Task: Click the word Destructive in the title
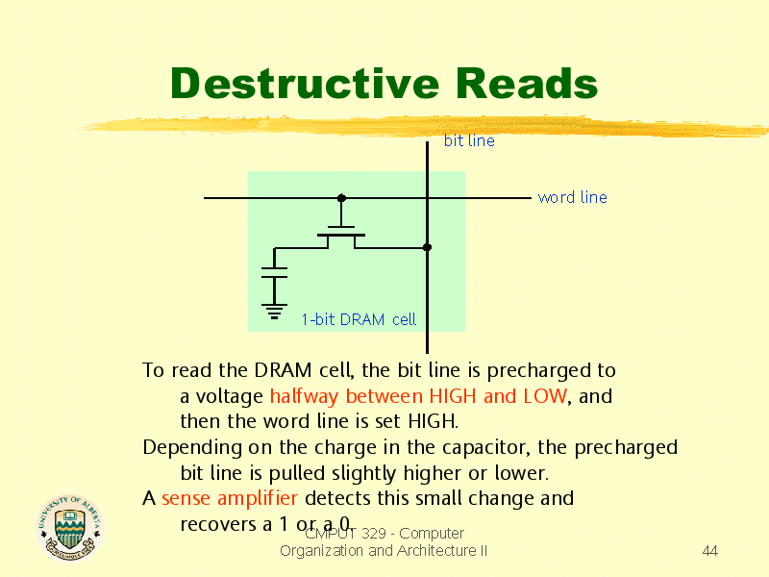[305, 84]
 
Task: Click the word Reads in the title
[527, 84]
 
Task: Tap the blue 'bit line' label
[469, 140]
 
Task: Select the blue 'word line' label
[572, 197]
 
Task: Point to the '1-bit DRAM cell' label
[359, 319]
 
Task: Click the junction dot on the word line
[341, 198]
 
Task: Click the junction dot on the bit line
[427, 247]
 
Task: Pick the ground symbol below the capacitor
[274, 311]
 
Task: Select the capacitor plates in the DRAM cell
[274, 272]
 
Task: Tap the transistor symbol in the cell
[341, 236]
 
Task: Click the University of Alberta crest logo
[70, 527]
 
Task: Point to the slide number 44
[710, 551]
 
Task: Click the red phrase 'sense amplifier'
[230, 498]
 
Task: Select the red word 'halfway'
[304, 396]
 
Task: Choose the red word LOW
[545, 396]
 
